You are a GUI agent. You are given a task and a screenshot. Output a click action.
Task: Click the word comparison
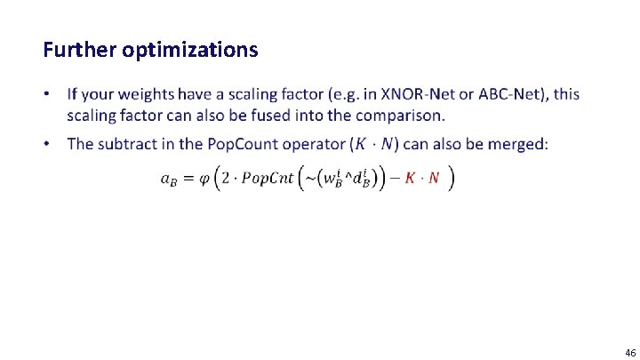pyautogui.click(x=399, y=116)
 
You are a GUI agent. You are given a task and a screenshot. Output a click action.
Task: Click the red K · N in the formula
pyautogui.click(x=421, y=178)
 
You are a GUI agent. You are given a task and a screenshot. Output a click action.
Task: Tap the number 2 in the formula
pyautogui.click(x=224, y=178)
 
